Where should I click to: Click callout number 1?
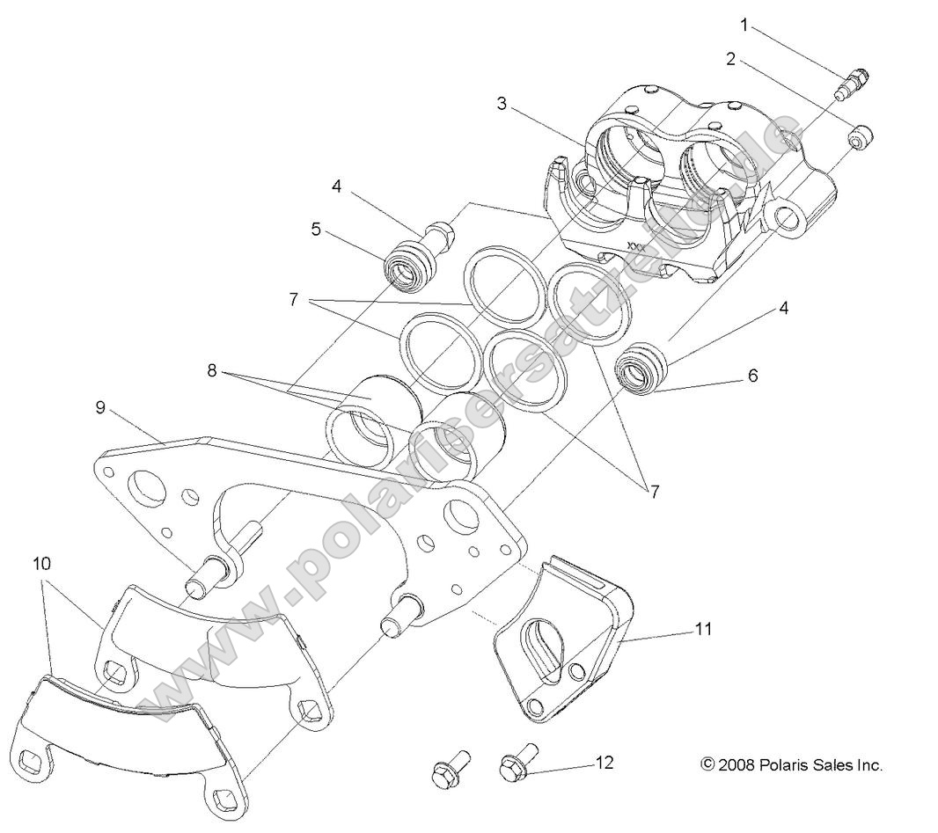tap(744, 24)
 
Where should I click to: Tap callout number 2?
tap(731, 59)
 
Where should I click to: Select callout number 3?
tap(502, 104)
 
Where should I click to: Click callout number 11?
tap(703, 629)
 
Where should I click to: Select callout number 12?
tap(604, 763)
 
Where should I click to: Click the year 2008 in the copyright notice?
tap(736, 765)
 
